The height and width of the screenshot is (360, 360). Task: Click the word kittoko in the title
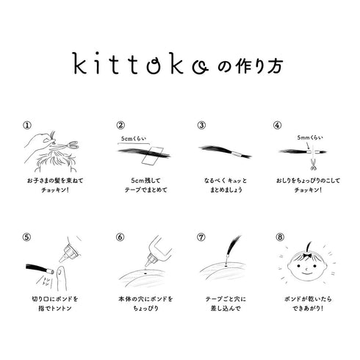coord(134,65)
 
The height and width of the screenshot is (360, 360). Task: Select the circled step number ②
coord(120,125)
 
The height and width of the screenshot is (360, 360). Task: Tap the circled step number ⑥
coord(120,238)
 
